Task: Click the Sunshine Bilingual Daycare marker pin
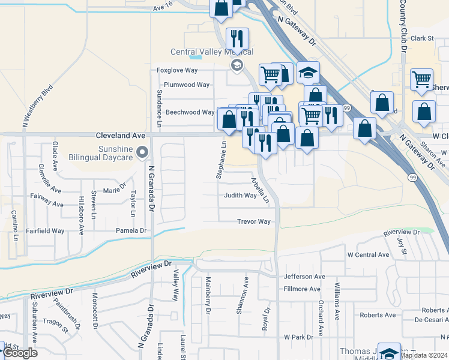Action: [x=142, y=152]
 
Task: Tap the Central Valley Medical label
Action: [x=212, y=52]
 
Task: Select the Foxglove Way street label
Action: [x=177, y=70]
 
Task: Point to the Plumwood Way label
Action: [x=187, y=85]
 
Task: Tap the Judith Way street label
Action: [x=240, y=196]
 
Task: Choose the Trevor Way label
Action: [x=253, y=221]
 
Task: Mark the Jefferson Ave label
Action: [x=304, y=277]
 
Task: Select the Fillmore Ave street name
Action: [x=302, y=289]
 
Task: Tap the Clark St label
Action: [x=422, y=38]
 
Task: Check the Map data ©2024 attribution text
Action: [x=424, y=355]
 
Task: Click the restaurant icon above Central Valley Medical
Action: [x=237, y=39]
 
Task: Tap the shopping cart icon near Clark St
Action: [x=421, y=79]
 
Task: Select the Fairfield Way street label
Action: [x=45, y=230]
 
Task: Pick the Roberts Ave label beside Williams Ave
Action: [x=378, y=315]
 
